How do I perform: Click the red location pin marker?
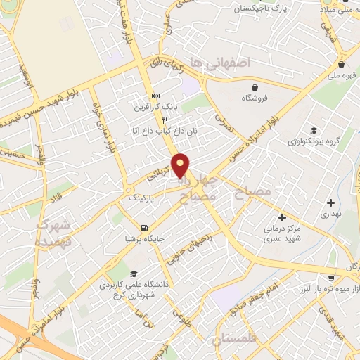[181, 165]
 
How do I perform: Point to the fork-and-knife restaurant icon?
[165, 120]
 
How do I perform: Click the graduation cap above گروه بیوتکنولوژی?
[313, 130]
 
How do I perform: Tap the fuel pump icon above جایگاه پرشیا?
[144, 227]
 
